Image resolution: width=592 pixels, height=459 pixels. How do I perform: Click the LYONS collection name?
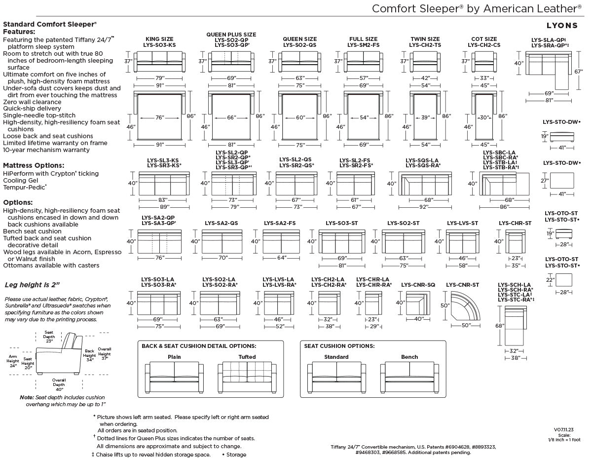click(x=562, y=26)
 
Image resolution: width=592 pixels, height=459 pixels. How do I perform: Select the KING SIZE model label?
click(x=159, y=39)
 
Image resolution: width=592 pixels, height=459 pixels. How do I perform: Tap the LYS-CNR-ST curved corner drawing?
click(x=465, y=306)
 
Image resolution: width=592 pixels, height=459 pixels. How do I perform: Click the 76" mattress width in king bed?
click(x=160, y=117)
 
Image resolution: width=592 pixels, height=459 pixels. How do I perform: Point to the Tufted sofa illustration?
click(x=247, y=377)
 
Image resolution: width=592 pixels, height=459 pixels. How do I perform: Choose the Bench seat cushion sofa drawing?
click(x=409, y=377)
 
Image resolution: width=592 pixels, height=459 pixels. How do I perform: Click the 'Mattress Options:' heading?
click(x=34, y=165)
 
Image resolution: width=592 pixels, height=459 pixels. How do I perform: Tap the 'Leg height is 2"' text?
click(x=32, y=285)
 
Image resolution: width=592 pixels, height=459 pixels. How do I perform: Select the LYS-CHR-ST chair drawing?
click(x=516, y=241)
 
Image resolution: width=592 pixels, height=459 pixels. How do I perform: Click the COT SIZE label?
click(x=484, y=39)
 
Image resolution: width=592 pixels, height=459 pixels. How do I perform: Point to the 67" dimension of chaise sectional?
click(x=578, y=72)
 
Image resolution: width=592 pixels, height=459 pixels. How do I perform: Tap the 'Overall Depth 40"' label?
click(x=59, y=384)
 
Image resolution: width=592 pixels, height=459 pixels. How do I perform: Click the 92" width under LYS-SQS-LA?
click(x=423, y=207)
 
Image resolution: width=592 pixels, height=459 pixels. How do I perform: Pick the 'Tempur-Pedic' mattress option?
click(x=25, y=187)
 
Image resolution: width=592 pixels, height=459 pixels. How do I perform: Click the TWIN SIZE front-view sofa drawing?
click(x=425, y=62)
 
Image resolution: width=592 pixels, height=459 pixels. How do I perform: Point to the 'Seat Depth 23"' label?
click(x=49, y=337)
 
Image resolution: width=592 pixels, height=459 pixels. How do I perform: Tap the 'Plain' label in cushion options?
click(x=174, y=357)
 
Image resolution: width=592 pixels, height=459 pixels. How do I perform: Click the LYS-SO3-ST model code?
click(x=341, y=223)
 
